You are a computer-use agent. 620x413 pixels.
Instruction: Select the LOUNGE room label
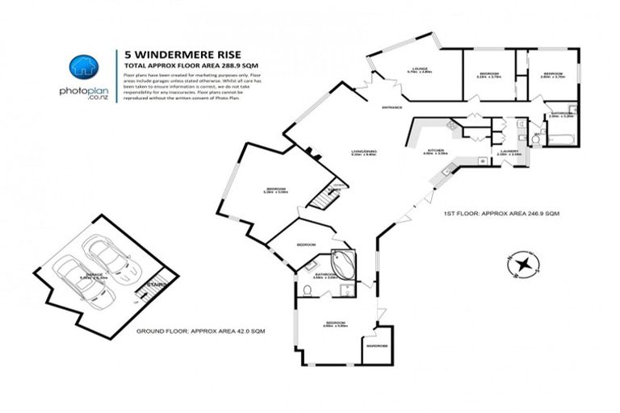pos(417,69)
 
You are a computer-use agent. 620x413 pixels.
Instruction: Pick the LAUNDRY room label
pos(509,150)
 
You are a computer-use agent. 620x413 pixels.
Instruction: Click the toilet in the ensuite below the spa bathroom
pos(308,290)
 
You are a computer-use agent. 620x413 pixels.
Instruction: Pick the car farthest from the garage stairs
pos(75,278)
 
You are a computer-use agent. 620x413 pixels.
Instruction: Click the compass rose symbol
pos(526,264)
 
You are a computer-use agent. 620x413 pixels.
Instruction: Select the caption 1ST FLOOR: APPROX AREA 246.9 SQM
pos(501,214)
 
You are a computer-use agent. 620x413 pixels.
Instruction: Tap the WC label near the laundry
pos(535,136)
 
